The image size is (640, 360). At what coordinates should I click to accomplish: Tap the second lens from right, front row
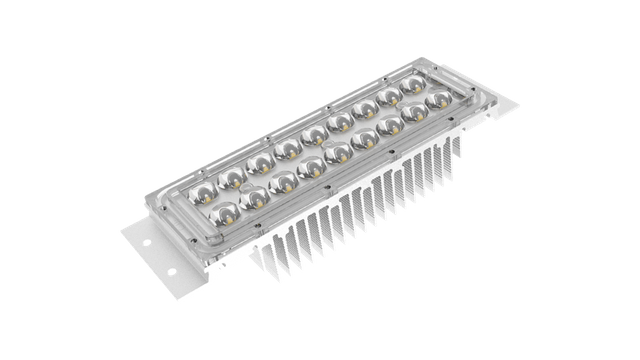[x=415, y=114]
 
